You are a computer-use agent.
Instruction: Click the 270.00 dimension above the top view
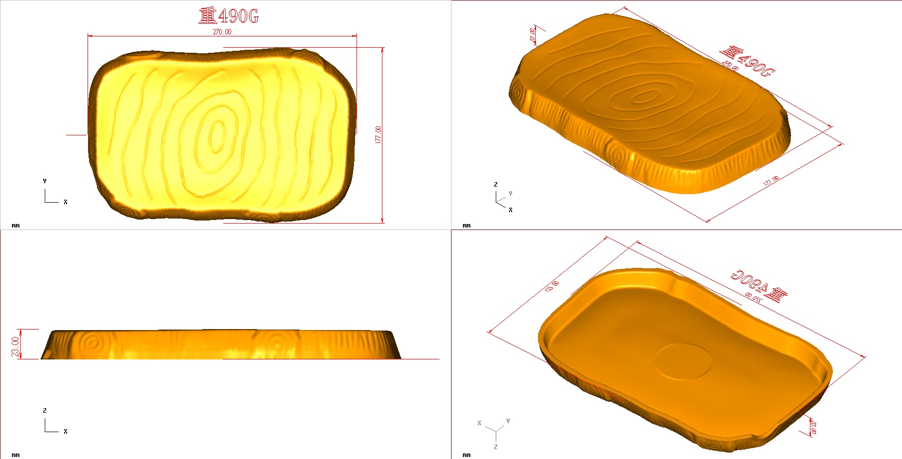[222, 32]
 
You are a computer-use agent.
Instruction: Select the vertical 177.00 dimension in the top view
[378, 134]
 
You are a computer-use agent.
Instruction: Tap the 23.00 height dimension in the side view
[15, 347]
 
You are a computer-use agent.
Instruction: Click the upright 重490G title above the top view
[229, 16]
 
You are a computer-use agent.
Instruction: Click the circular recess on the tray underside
[684, 361]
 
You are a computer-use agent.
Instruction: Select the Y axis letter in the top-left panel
[45, 181]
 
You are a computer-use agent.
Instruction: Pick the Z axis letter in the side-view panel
[45, 411]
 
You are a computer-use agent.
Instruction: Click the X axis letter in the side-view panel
[65, 432]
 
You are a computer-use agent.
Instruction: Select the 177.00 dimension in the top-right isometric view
[772, 181]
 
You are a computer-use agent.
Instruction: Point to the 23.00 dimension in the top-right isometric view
[533, 34]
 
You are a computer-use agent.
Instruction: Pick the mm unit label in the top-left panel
[15, 226]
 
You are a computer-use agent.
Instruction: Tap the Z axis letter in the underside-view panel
[495, 447]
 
